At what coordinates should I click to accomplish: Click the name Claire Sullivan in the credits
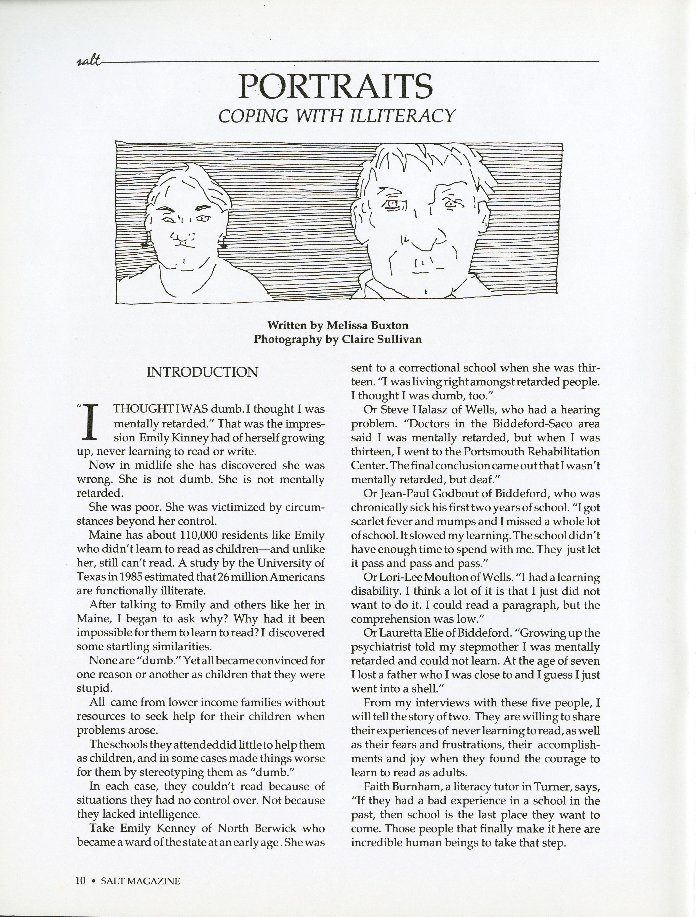pos(382,339)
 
